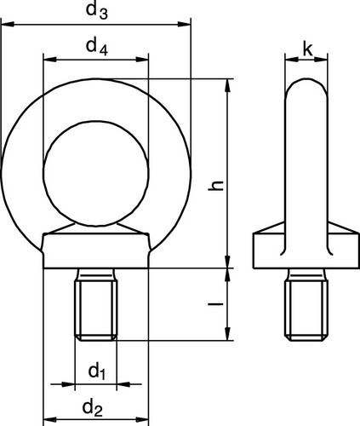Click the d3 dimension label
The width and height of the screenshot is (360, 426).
(x=96, y=11)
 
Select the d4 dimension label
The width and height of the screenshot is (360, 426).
(x=96, y=47)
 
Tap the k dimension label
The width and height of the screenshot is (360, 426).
(x=307, y=49)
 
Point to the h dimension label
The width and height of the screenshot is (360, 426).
(x=216, y=185)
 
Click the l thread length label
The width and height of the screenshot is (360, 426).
(x=215, y=304)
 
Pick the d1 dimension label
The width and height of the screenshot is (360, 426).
(x=97, y=371)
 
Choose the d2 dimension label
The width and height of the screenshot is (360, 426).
(x=92, y=408)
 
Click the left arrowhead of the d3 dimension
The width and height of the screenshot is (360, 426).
(x=8, y=25)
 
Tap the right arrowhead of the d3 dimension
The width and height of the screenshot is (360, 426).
(x=184, y=25)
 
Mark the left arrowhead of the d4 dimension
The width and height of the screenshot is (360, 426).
(x=49, y=60)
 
